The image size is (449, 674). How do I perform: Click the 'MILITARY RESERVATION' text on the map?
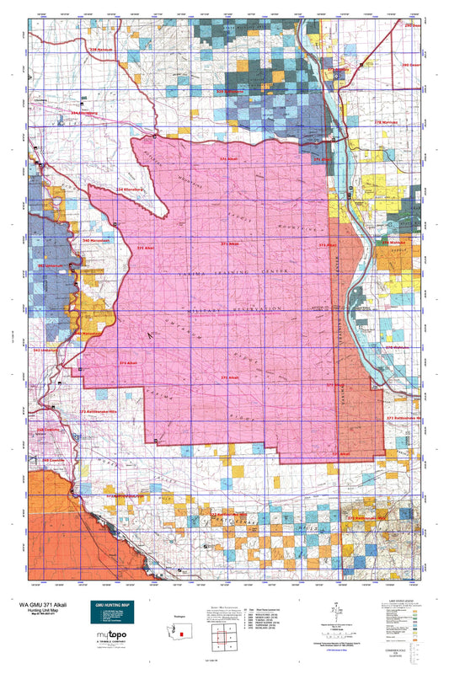[227, 309]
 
